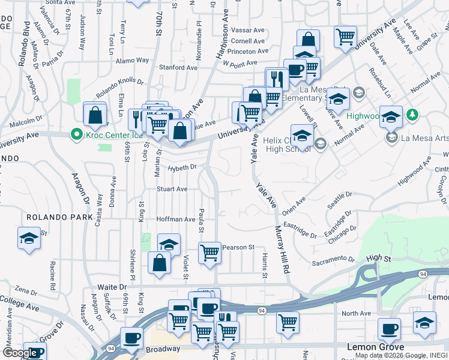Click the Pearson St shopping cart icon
pyautogui.click(x=209, y=253)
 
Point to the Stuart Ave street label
pyautogui.click(x=172, y=189)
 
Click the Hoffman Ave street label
pyautogui.click(x=176, y=220)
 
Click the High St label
pyautogui.click(x=378, y=258)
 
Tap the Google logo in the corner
pyautogui.click(x=20, y=353)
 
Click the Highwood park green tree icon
pyautogui.click(x=412, y=114)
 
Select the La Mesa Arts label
pyautogui.click(x=423, y=138)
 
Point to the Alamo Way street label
pyautogui.click(x=132, y=61)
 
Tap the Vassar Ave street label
pyautogui.click(x=248, y=29)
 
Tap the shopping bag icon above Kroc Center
pyautogui.click(x=95, y=113)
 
